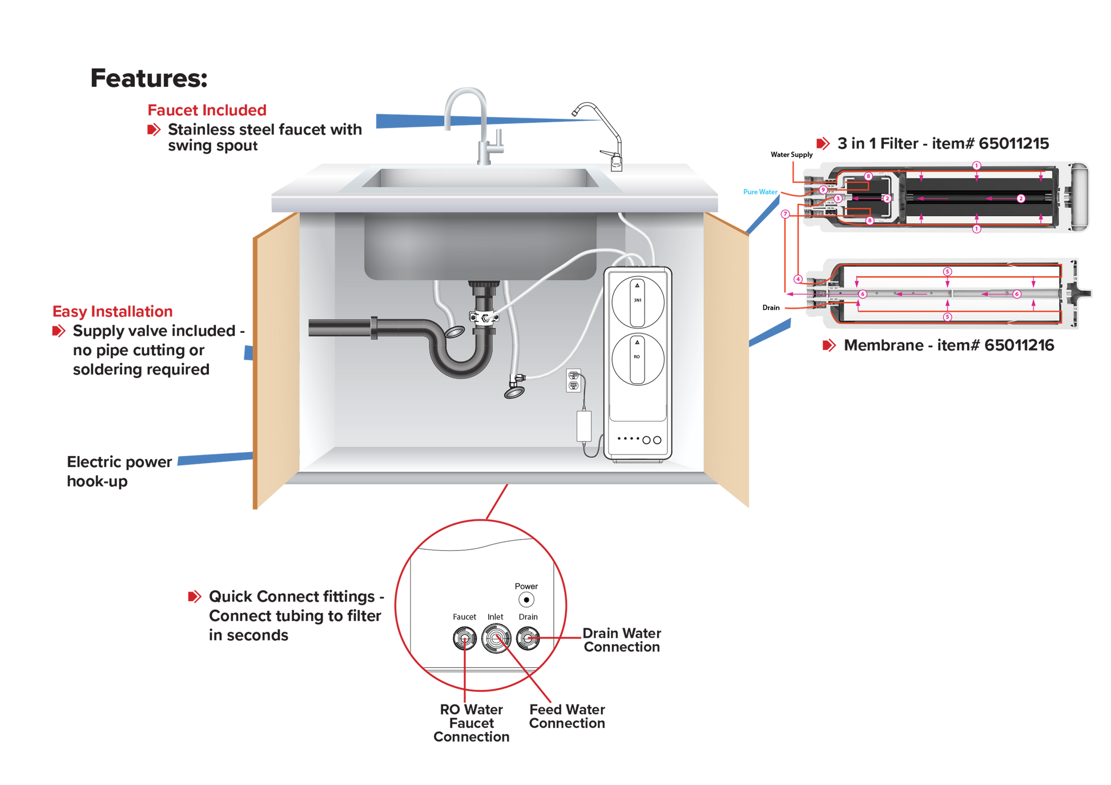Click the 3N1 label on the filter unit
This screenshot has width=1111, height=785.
click(x=637, y=300)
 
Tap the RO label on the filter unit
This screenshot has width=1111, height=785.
click(x=637, y=357)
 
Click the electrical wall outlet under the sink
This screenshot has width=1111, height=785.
click(x=573, y=380)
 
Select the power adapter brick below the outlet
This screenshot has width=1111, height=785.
click(x=584, y=426)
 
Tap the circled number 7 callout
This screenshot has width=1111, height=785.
click(x=786, y=214)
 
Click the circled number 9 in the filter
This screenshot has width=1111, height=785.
click(x=823, y=190)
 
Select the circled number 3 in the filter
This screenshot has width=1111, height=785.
click(x=838, y=199)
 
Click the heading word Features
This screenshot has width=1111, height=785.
click(x=149, y=78)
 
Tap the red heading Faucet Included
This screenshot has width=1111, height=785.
click(x=207, y=110)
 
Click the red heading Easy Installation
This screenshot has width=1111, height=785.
click(x=112, y=311)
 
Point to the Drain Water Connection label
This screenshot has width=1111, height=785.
click(x=622, y=640)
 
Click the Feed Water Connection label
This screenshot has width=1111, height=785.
click(x=567, y=716)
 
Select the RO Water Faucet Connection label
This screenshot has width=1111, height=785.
click(x=471, y=723)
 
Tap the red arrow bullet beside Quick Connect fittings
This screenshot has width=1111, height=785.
click(x=195, y=597)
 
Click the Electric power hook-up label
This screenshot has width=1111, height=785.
click(x=119, y=471)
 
